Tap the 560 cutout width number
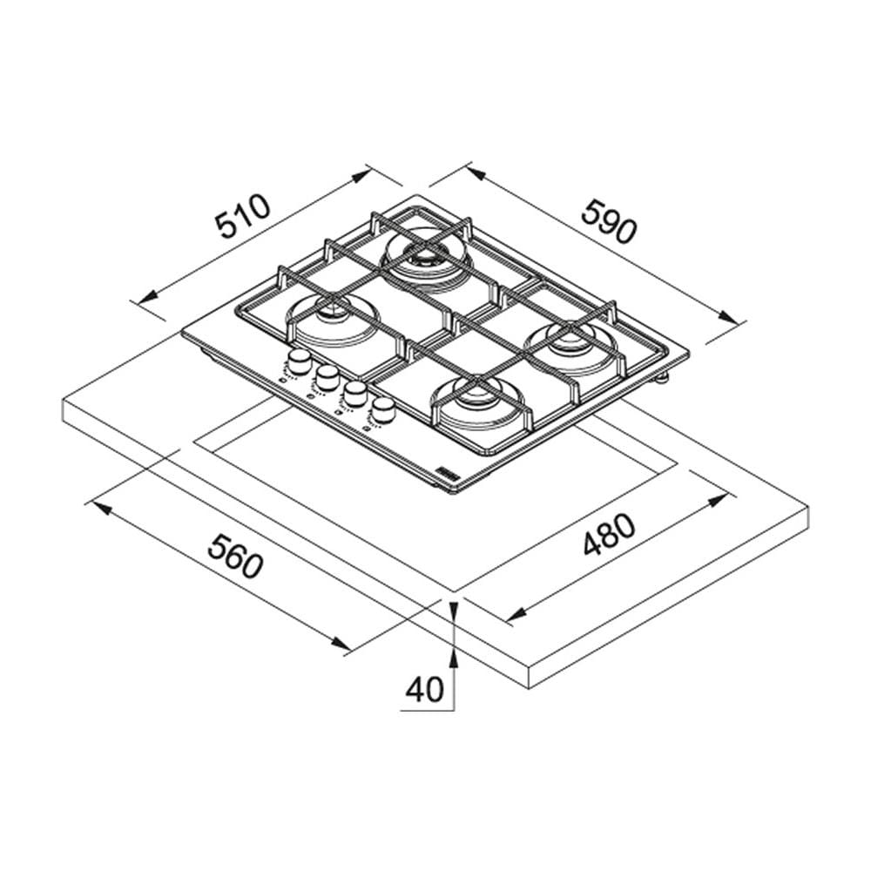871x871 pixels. coord(235,555)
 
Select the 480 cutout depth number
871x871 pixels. coord(609,535)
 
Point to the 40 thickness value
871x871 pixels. coord(425,689)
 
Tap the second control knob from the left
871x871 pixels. coord(327,378)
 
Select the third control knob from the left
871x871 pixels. coord(354,394)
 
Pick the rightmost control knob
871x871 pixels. coord(382,410)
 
